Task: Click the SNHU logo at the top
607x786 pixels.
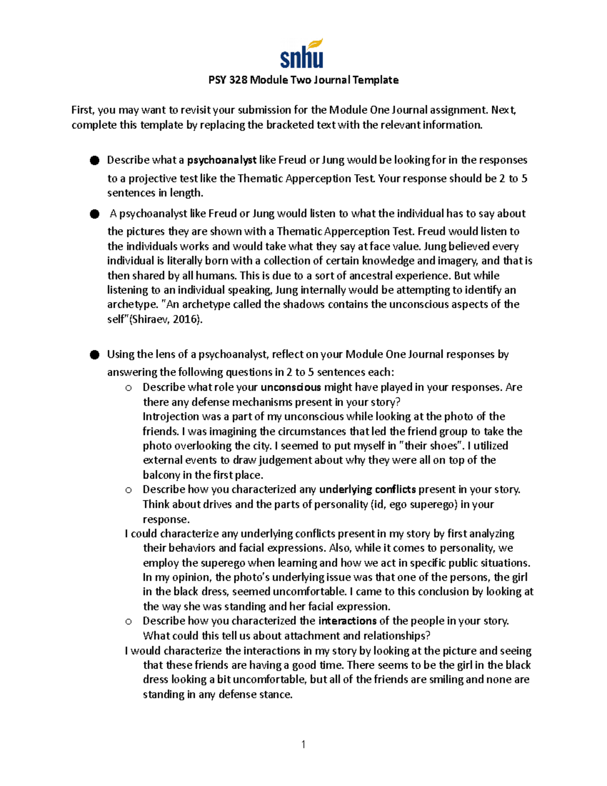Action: [302, 55]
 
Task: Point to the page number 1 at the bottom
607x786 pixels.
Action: [303, 744]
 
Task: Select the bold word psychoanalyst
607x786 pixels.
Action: [222, 160]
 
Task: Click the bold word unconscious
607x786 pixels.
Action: [291, 388]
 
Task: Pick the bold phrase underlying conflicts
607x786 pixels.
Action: [368, 489]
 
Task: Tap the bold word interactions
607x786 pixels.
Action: [348, 621]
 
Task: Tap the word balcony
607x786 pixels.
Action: [161, 475]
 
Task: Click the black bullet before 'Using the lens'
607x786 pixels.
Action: [95, 355]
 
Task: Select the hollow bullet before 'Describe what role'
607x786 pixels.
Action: [128, 388]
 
